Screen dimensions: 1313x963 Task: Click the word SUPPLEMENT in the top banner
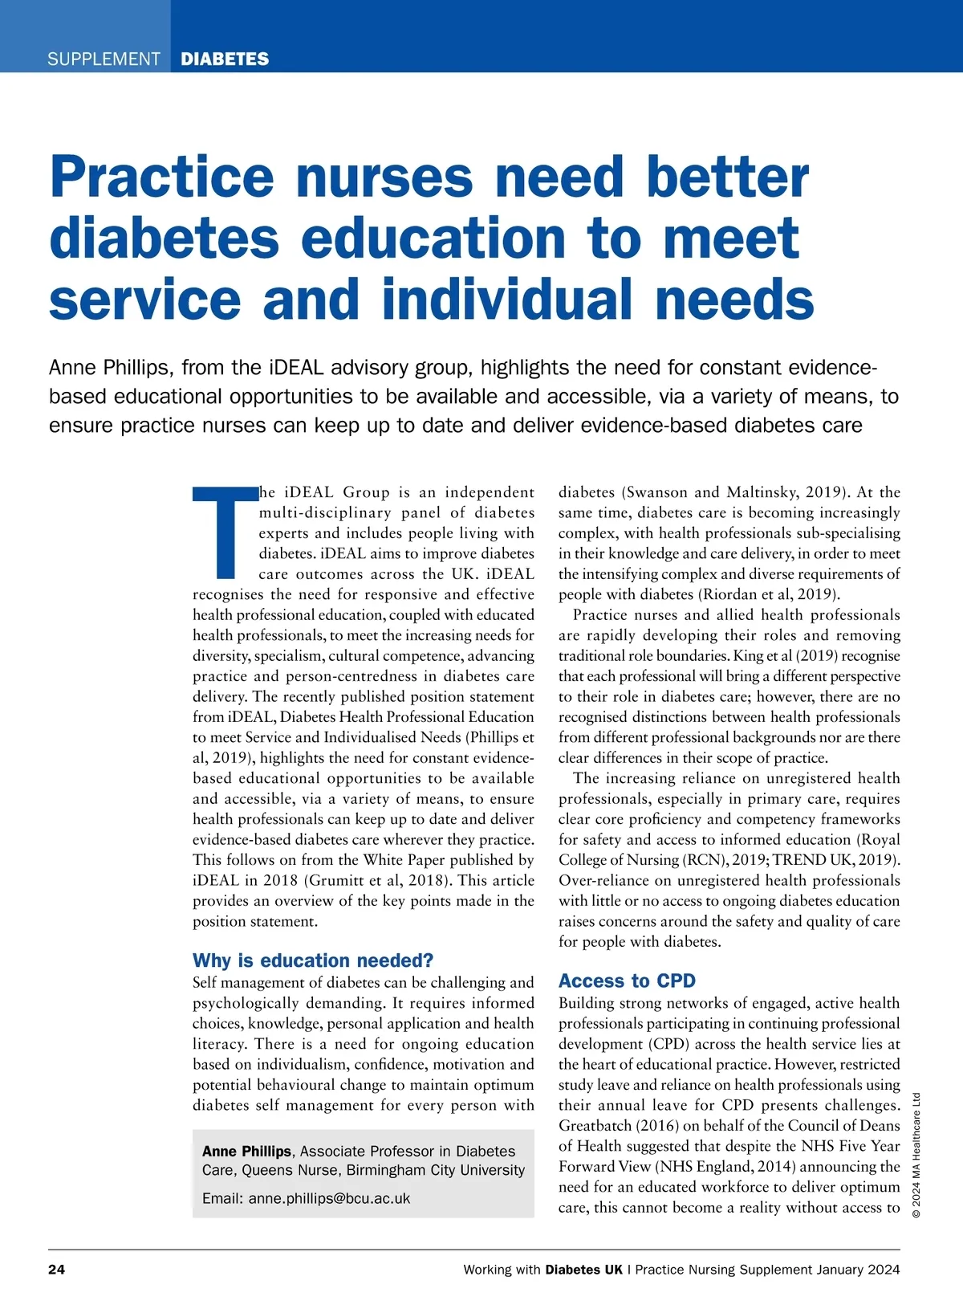(x=104, y=59)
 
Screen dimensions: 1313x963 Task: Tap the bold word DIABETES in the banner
(x=225, y=59)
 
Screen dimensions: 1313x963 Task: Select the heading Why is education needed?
(x=313, y=960)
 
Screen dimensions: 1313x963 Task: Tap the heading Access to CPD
(x=627, y=981)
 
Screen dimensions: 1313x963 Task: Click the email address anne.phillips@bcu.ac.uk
(x=329, y=1198)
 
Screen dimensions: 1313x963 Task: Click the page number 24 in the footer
(x=57, y=1270)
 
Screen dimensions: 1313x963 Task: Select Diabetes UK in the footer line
(x=583, y=1270)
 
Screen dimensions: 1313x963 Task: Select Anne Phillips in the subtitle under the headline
(x=110, y=368)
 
